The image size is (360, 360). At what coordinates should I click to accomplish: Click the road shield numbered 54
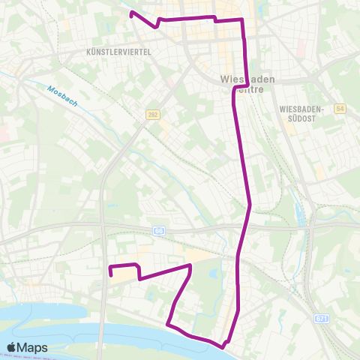(x=340, y=109)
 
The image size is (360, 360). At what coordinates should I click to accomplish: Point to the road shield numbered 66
(x=159, y=231)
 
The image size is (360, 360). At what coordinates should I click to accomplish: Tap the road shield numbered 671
(x=321, y=319)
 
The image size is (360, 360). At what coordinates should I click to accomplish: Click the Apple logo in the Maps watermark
(x=13, y=347)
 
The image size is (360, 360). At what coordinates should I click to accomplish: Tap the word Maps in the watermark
(x=34, y=347)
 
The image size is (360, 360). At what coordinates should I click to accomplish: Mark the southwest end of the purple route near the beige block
(x=111, y=275)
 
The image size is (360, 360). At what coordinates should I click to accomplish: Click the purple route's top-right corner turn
(x=242, y=19)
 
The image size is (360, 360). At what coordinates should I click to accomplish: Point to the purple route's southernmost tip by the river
(x=223, y=345)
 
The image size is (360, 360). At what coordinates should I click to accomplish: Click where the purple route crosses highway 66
(x=245, y=225)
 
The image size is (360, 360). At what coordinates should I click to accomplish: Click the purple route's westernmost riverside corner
(x=167, y=325)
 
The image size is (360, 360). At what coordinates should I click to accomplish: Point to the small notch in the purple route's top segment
(x=214, y=19)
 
